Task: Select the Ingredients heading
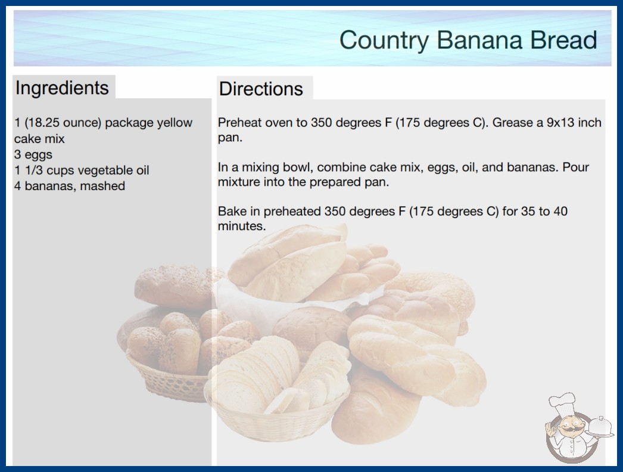[62, 88]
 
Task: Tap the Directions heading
[261, 89]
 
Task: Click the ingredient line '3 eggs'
[33, 154]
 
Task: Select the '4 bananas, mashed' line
[70, 186]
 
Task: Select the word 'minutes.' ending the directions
[242, 226]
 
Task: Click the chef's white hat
[563, 403]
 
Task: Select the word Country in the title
[384, 41]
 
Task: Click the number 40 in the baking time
[560, 211]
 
